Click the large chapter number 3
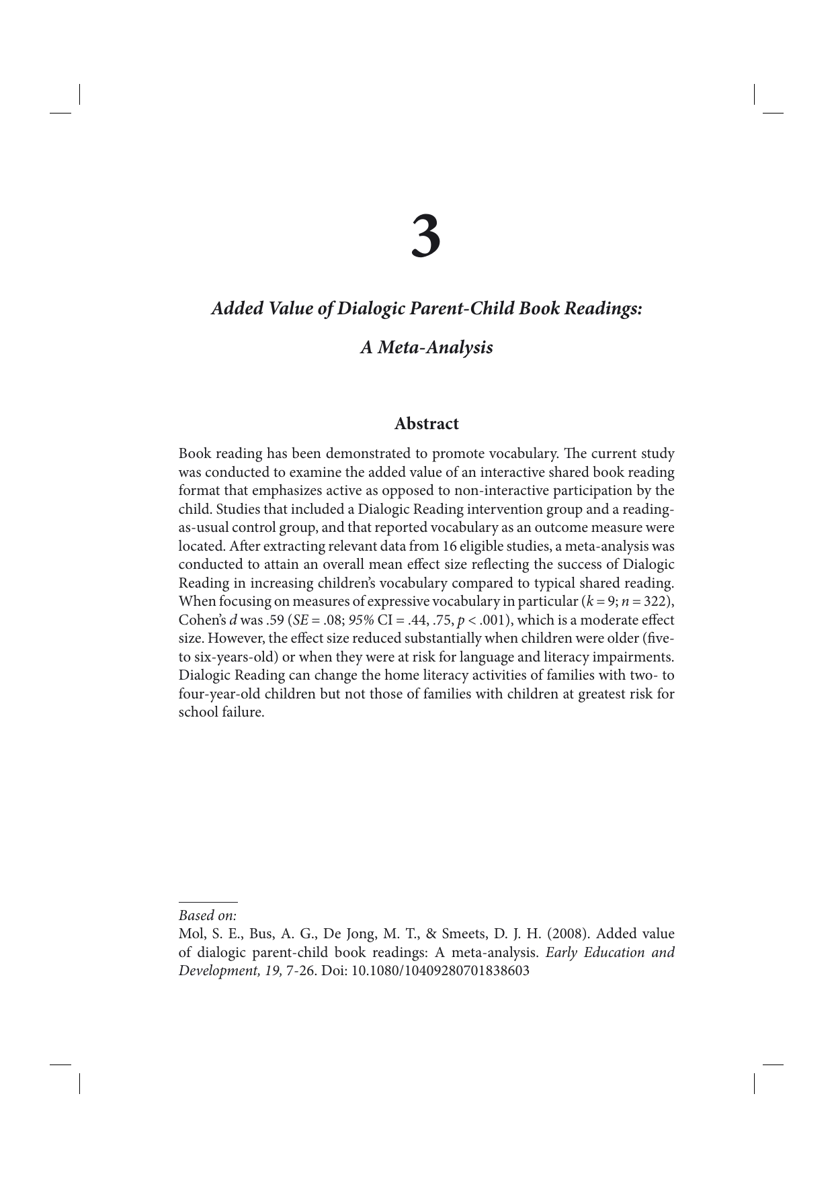(x=426, y=236)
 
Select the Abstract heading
(x=426, y=424)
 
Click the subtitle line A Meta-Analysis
(x=426, y=347)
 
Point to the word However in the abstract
(x=235, y=638)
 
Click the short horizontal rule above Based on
(x=208, y=902)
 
